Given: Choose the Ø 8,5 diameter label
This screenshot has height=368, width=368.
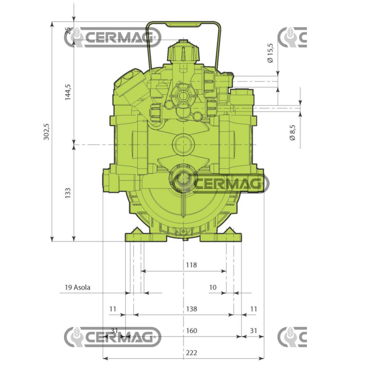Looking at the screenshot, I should [x=293, y=132].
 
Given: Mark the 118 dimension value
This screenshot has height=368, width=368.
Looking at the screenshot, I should [x=191, y=265].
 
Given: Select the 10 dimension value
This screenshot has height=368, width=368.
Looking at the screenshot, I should [x=213, y=287].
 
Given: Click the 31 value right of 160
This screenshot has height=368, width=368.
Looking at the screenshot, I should [x=253, y=330].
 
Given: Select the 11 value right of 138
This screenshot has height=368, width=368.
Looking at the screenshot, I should [x=253, y=309].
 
